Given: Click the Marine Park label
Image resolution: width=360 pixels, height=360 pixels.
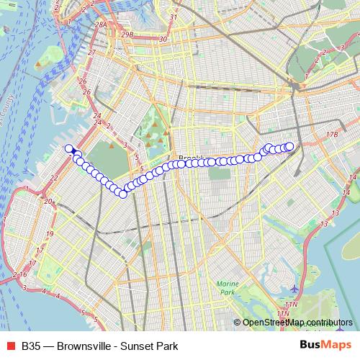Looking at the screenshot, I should coord(228,288).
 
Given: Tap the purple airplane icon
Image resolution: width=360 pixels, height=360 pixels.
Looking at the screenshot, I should coord(294,289).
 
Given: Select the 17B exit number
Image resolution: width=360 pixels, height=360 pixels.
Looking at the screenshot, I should coord(331,135).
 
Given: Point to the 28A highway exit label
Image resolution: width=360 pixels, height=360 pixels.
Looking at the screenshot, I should coord(102,24).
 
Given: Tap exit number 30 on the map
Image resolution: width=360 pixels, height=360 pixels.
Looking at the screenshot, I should coord(163,40).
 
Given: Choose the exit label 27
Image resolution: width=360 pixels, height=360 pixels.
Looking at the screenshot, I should coord(91,53).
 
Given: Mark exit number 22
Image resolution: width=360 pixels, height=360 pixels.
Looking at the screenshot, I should coord(54,177).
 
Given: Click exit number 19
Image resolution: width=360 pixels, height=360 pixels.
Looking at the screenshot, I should coord(50,235).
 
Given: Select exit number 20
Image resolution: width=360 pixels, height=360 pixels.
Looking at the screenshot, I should coord(48,202).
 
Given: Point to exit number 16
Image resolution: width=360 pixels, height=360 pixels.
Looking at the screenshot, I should coord(24,274).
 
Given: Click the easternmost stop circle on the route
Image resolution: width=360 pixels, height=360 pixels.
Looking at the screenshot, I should coord(290,147).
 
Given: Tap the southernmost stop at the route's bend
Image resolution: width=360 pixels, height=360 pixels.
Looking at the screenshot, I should coord(123,194).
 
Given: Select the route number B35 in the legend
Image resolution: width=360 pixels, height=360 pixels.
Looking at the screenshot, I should coord(31,345).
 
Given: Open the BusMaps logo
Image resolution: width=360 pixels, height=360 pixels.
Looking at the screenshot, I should coord(325,344).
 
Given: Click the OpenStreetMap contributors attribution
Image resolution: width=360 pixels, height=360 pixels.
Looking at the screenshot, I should coord(297,322).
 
